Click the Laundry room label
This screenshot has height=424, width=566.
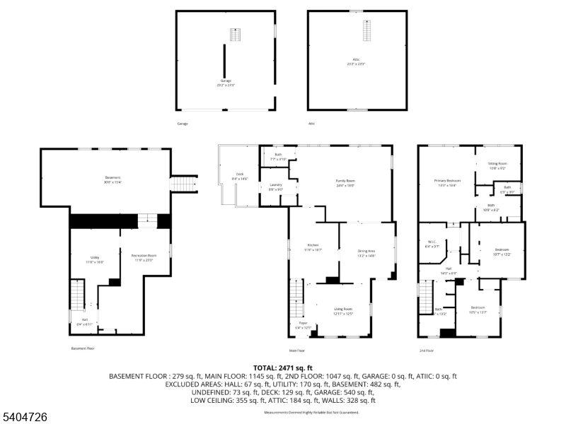(275, 188)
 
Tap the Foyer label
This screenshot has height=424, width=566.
(302, 324)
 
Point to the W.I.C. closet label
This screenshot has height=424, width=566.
(431, 245)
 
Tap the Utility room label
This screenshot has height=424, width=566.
(95, 259)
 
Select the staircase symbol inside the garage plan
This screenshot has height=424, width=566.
(236, 35)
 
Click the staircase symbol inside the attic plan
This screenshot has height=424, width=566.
(366, 31)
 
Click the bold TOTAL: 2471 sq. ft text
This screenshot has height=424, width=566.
(283, 368)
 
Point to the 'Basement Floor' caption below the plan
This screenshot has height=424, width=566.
(83, 348)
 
